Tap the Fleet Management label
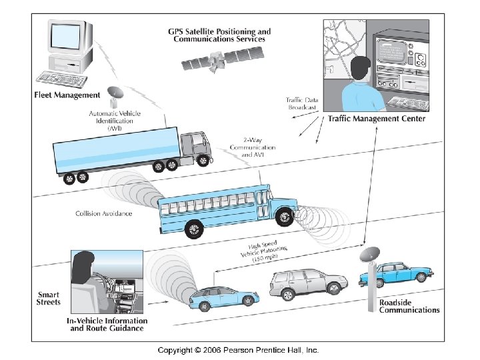pos(67,95)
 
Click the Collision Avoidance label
pos(103,213)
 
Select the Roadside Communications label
pos(409,305)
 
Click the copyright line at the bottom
pos(238,349)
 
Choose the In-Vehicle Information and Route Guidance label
pos(105,324)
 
